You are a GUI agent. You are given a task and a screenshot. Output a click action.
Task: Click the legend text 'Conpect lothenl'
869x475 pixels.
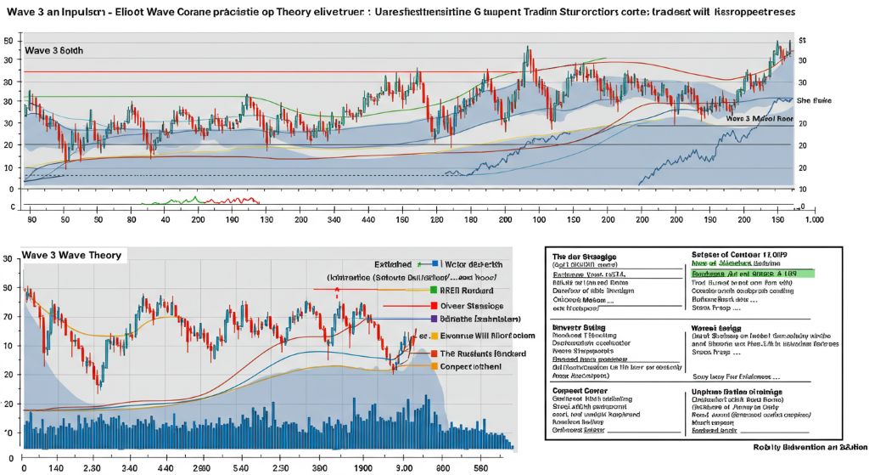click(471, 366)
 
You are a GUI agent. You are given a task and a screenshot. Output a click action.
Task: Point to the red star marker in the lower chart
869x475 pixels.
click(338, 290)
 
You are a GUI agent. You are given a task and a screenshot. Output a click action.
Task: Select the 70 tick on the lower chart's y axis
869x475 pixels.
click(8, 315)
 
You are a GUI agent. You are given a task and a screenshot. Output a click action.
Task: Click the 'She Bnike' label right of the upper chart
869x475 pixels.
click(815, 100)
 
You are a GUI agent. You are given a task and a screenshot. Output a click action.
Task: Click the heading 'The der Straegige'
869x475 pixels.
click(585, 256)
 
